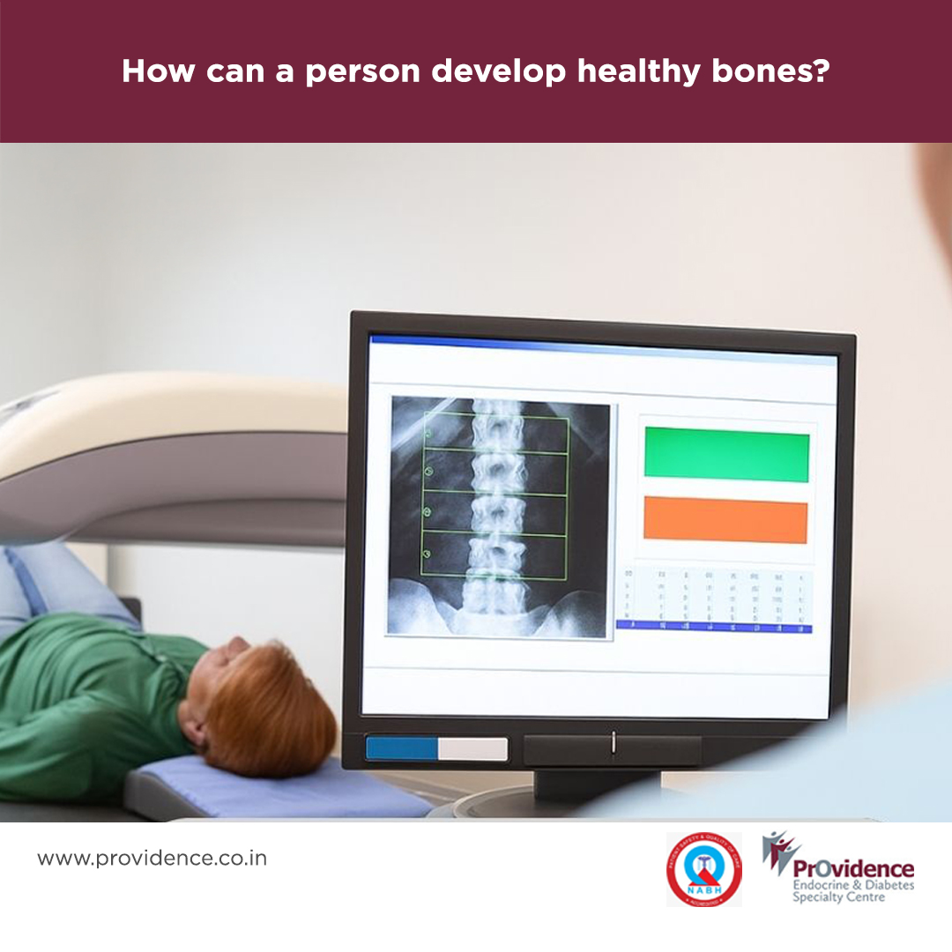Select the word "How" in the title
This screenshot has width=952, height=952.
click(159, 71)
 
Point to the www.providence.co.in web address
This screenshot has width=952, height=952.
click(152, 858)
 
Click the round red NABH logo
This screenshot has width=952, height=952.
click(703, 869)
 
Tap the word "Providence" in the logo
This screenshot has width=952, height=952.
click(853, 868)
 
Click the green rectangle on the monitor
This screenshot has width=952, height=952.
click(726, 455)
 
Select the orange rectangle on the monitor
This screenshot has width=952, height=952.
click(725, 520)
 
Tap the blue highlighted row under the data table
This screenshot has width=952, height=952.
click(714, 627)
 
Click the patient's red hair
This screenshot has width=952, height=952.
click(264, 705)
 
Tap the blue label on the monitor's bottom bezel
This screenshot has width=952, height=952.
click(402, 748)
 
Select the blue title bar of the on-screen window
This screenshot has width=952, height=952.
click(603, 345)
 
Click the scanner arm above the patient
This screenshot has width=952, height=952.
click(167, 441)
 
